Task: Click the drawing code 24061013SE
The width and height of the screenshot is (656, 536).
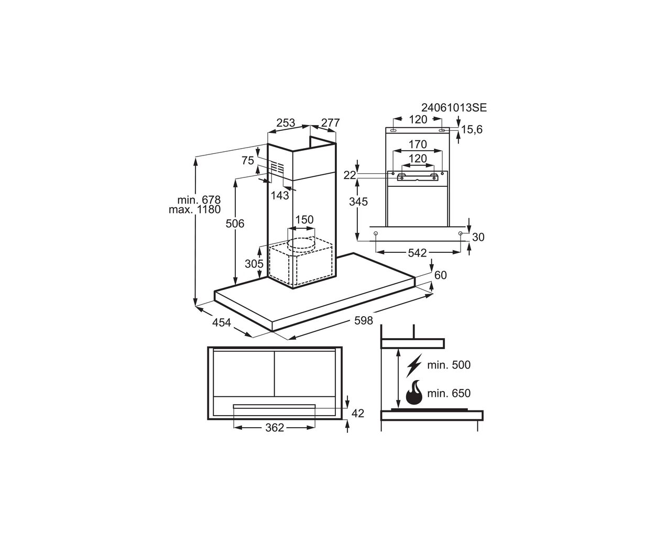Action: point(454,107)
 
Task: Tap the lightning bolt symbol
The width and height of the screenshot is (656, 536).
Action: point(414,365)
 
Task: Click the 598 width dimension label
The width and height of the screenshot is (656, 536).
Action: point(363,320)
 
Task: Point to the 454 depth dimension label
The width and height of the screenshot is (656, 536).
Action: point(222,322)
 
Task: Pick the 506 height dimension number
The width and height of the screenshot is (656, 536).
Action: point(235,224)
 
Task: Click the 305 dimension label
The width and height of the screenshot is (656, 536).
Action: point(254,263)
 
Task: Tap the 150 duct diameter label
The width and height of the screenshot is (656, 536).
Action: point(304,220)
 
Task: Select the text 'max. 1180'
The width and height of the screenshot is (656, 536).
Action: point(195,209)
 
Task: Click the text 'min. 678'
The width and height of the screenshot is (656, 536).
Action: point(199,199)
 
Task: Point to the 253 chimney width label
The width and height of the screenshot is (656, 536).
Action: point(286,122)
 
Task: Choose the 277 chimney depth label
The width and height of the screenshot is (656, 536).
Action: point(330,122)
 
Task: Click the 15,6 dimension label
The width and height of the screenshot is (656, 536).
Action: point(472,129)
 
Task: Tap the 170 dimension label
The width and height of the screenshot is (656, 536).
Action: point(418,144)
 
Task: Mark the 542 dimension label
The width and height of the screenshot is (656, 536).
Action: point(417,253)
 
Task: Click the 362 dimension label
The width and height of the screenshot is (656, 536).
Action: point(275,428)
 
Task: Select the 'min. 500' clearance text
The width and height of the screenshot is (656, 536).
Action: point(449,365)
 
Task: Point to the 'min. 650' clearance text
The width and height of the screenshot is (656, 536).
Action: point(449,394)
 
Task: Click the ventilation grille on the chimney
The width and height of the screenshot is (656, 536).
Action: point(277,168)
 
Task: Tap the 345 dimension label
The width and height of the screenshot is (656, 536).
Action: point(358,202)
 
